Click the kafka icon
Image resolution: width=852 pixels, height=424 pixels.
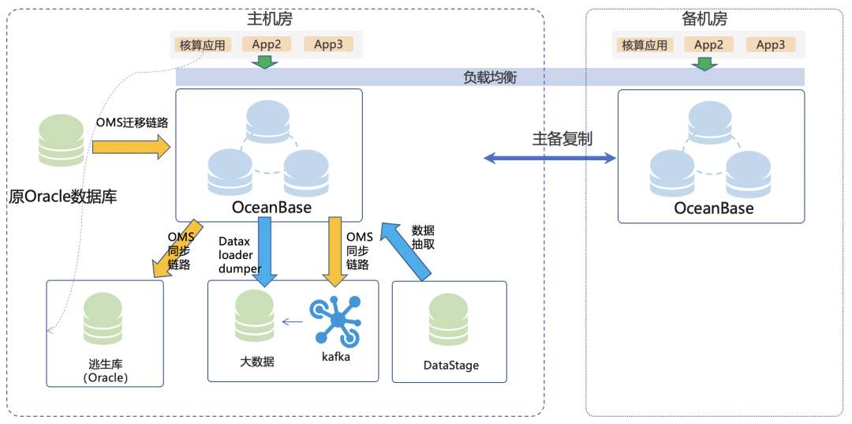coord(336,321)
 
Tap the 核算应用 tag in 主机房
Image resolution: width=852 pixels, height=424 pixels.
coord(203,45)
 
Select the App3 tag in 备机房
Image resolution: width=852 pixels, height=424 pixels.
coord(771,44)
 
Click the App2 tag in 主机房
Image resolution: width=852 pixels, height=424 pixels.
coord(267,44)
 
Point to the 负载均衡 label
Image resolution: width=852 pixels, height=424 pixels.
coord(490,77)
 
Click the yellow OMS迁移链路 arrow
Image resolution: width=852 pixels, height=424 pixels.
coord(132,147)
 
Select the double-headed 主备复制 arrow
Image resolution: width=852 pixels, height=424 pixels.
coord(549,158)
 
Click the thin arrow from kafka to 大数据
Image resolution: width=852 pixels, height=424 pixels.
coord(293,322)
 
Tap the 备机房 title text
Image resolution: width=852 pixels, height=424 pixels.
coord(704,20)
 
